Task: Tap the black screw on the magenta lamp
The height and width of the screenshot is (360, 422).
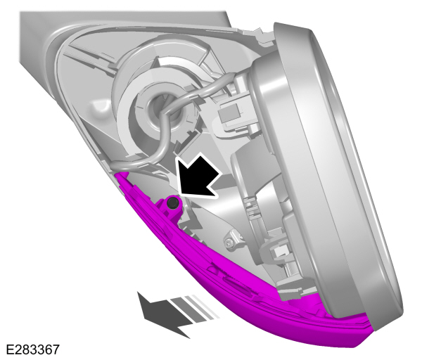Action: pos(172,204)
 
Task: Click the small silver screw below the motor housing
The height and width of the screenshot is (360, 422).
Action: pos(229,242)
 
